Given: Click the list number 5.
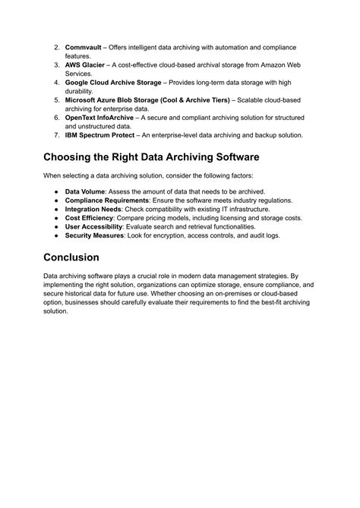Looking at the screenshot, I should coord(57,100).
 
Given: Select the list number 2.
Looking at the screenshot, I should coord(57,47).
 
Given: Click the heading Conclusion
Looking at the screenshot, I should coord(81,257).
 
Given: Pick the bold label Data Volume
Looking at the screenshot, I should coord(85,191).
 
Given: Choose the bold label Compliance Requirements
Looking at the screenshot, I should coord(106,200).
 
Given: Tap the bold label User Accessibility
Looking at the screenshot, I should coord(93,227).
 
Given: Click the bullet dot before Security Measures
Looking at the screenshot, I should coord(56,235).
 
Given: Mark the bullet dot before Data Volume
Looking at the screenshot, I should coord(56,191).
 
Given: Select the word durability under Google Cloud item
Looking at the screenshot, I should coord(79,91).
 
